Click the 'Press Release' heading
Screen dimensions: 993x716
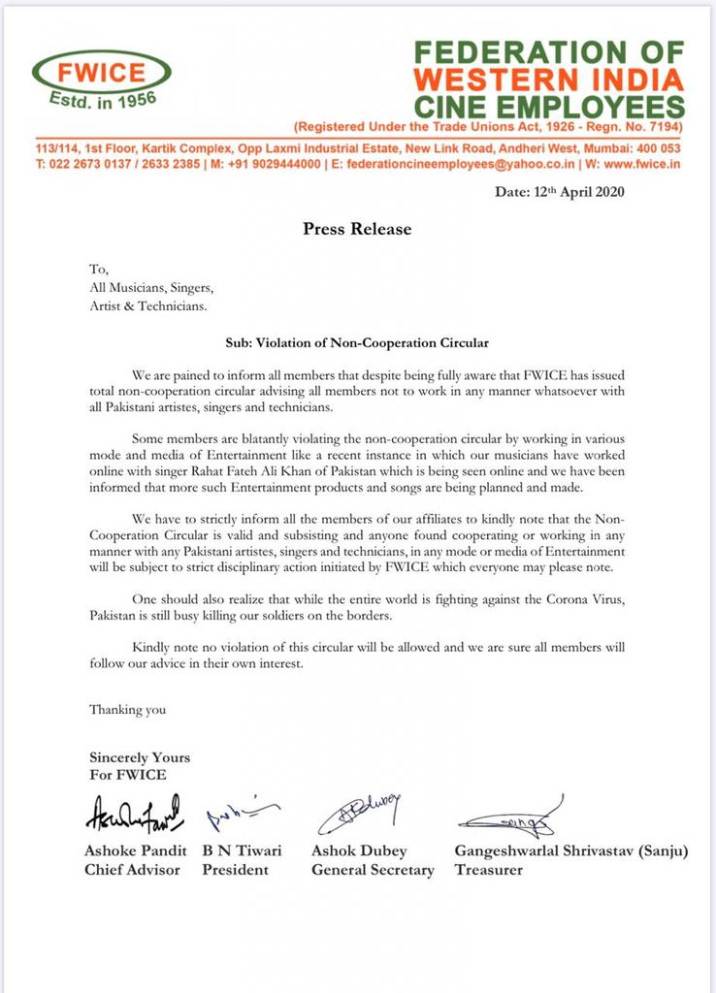[357, 229]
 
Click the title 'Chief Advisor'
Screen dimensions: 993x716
[132, 870]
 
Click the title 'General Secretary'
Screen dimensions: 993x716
[373, 870]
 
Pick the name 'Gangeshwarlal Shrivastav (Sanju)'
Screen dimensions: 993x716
[571, 850]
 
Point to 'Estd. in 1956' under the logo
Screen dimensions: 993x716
[103, 99]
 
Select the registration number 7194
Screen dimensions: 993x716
[663, 127]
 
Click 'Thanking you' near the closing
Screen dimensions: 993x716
[127, 709]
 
